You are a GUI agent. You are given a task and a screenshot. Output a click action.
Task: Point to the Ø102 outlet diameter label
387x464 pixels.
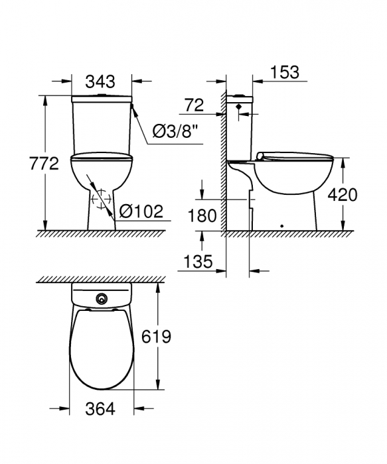click(x=141, y=211)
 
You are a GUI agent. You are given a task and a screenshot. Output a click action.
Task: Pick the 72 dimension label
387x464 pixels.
click(x=193, y=104)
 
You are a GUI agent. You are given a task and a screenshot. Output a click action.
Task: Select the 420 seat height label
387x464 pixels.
click(x=343, y=194)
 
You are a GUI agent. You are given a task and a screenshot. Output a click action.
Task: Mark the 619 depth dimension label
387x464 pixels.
click(x=156, y=337)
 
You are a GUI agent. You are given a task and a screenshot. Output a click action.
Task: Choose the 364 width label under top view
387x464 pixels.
click(x=102, y=409)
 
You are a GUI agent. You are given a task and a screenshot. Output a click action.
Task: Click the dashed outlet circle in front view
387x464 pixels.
click(x=101, y=200)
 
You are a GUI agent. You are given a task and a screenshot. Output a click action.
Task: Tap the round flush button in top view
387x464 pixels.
click(x=102, y=299)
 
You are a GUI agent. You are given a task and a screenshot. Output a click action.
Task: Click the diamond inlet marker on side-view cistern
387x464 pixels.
click(x=238, y=107)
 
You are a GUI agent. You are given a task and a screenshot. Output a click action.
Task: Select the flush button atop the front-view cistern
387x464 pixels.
click(x=102, y=95)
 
